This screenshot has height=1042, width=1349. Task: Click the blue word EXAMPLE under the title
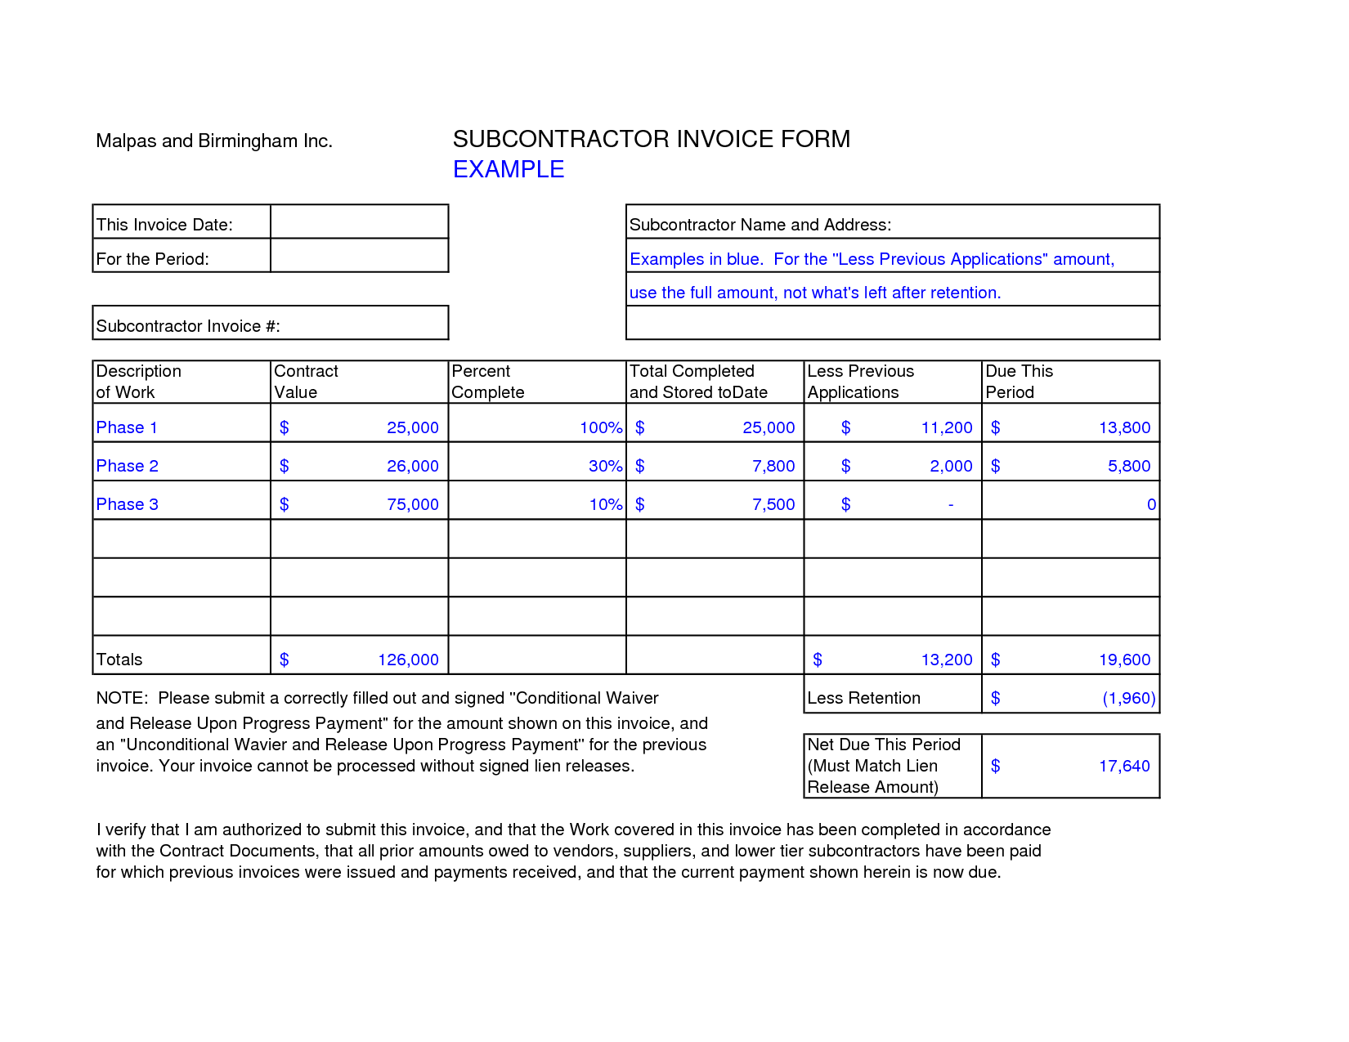[x=509, y=169]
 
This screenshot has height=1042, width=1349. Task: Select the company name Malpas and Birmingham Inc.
[x=214, y=141]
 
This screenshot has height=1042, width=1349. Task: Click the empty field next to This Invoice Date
[x=359, y=222]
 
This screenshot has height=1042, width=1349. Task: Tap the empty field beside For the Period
[x=359, y=256]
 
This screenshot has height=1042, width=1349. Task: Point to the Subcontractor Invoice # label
[x=188, y=326]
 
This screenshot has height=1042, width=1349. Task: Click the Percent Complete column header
[x=488, y=382]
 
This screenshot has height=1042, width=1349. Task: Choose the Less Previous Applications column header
[x=860, y=382]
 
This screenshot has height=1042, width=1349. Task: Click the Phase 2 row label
[x=128, y=466]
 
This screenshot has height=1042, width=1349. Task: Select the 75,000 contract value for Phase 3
[x=413, y=504]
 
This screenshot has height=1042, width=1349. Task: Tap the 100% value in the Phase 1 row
[x=601, y=427]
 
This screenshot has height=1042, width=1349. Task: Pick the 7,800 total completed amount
[x=773, y=466]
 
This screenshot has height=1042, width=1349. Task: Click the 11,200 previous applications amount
[x=947, y=427]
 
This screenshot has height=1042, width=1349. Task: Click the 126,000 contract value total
[x=408, y=660]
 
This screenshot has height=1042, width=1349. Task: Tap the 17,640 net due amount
[x=1124, y=766]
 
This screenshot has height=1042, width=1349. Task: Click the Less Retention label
[x=863, y=698]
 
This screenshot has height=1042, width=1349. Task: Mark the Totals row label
[x=119, y=660]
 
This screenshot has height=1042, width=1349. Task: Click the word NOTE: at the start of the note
[x=122, y=698]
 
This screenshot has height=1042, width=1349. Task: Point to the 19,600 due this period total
[x=1124, y=660]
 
